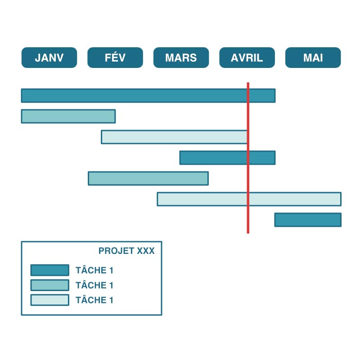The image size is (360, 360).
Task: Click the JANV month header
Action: tap(49, 58)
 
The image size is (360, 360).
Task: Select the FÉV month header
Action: tap(115, 58)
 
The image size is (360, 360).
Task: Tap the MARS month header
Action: tap(181, 58)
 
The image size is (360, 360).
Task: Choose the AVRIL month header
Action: tap(247, 58)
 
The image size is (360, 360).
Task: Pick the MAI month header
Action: tap(313, 58)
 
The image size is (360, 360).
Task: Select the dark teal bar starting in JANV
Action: tap(135, 95)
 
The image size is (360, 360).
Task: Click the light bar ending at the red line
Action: tap(174, 137)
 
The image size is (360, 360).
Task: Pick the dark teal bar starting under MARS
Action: tap(214, 157)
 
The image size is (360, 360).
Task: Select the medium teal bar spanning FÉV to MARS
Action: tap(148, 178)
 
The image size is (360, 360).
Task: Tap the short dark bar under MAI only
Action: tap(308, 220)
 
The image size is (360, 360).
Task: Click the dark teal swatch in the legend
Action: tap(49, 270)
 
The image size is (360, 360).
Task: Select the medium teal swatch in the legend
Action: tap(49, 285)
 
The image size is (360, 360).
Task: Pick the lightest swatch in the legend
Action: tap(49, 300)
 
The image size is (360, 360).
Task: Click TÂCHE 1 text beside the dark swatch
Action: tap(94, 270)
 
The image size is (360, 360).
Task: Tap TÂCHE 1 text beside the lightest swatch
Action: tap(94, 300)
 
